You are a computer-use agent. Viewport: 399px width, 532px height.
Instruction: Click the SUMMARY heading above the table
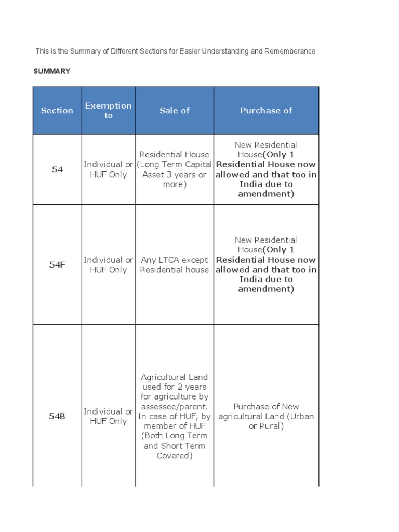click(x=52, y=71)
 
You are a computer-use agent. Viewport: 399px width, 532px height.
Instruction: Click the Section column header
click(x=57, y=110)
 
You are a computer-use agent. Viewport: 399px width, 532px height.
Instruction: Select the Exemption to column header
click(x=108, y=110)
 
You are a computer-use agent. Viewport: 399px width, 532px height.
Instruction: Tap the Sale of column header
click(x=175, y=110)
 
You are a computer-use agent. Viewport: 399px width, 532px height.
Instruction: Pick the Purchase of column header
click(x=266, y=110)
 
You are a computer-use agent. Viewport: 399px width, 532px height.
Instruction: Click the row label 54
click(x=57, y=169)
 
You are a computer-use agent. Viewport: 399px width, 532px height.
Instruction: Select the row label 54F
click(x=57, y=264)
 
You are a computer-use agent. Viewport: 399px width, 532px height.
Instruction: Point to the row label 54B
click(x=57, y=416)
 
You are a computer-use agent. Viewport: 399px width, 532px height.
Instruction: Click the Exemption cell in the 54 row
click(x=108, y=169)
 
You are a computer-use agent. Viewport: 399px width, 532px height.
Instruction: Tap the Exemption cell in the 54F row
click(x=108, y=264)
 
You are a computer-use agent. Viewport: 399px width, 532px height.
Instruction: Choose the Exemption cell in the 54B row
click(x=108, y=416)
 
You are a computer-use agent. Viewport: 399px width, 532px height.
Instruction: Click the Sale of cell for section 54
click(x=175, y=169)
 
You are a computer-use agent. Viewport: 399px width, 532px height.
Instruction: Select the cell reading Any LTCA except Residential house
click(x=175, y=264)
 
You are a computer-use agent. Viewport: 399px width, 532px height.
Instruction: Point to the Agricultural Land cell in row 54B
click(x=175, y=416)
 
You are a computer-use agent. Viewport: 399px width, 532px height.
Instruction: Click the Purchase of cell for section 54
click(x=266, y=169)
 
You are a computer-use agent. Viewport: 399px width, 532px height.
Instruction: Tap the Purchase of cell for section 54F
click(x=266, y=264)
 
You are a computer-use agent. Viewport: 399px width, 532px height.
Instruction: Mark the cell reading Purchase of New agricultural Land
click(x=266, y=416)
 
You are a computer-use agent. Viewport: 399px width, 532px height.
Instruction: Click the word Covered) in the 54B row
click(x=175, y=456)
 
